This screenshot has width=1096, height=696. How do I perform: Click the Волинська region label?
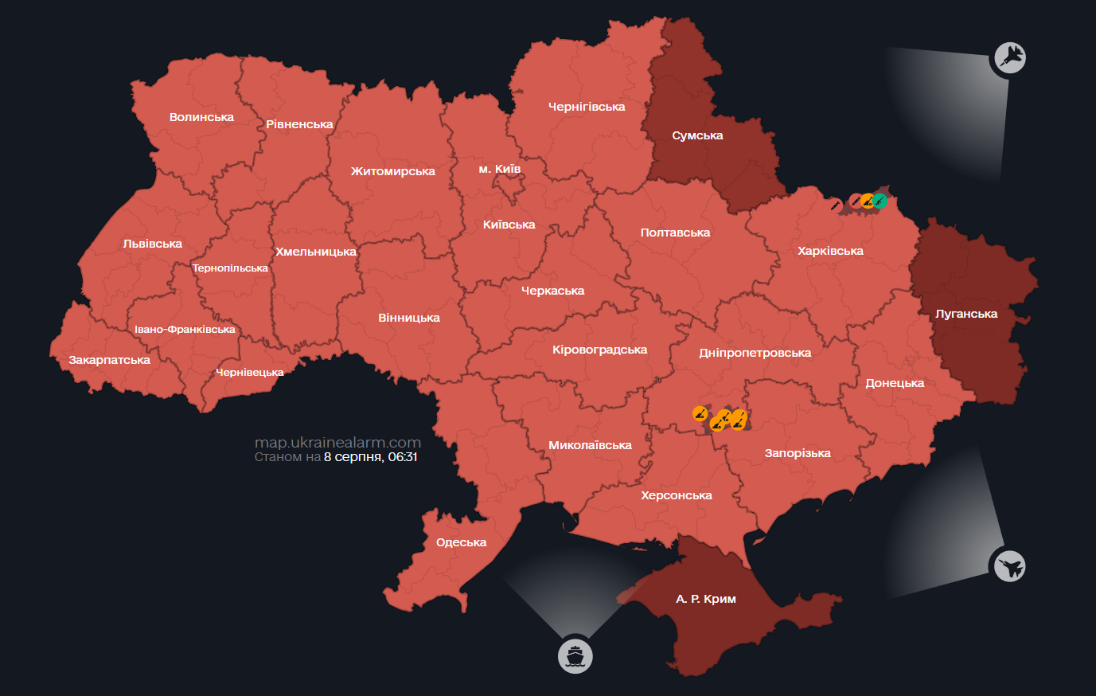pos(201,117)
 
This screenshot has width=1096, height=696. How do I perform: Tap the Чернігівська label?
pos(587,107)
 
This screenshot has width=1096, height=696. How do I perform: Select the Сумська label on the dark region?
pos(697,135)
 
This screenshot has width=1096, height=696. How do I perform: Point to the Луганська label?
pos(966,314)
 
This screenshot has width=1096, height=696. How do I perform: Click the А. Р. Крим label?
pos(706,599)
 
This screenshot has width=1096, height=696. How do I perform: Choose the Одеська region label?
pos(461,542)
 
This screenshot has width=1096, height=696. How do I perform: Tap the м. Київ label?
pos(499,169)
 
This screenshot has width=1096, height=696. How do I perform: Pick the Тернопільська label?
pos(230,268)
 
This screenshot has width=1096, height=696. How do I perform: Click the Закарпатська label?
pos(109,360)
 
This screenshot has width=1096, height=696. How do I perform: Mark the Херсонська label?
pos(677,495)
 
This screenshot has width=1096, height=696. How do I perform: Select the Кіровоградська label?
pos(599,350)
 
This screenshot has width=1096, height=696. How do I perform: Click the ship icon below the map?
pos(575,656)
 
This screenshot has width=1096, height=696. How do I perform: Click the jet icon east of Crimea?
pos(1009,567)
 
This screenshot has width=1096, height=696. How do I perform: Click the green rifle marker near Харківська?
pos(880,201)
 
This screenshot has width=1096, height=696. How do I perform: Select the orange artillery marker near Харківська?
pos(867,201)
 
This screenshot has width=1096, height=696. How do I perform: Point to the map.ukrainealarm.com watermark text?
pos(337,443)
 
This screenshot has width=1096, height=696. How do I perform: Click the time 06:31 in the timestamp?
pos(403,457)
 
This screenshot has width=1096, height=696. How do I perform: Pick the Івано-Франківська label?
pos(185,330)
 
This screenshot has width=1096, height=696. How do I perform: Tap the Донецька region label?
pos(895,383)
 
